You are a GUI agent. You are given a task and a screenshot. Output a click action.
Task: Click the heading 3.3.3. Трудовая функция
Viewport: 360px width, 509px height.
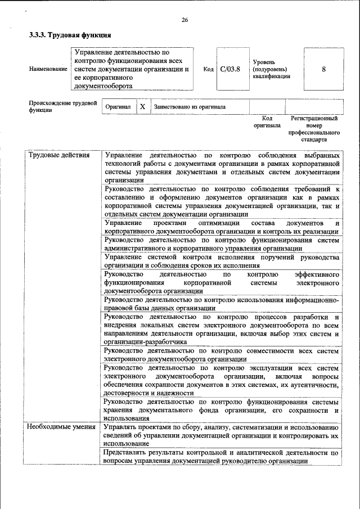66,35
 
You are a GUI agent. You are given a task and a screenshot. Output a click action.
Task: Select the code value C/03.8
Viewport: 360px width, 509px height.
230,69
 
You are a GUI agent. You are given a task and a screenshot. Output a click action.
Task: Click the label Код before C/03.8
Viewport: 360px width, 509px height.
208,69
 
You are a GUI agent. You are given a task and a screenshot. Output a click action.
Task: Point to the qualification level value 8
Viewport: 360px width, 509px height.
323,69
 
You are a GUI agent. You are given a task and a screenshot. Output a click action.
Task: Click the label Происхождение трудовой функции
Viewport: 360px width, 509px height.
62,106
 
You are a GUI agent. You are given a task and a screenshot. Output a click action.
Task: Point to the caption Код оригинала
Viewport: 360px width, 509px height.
267,122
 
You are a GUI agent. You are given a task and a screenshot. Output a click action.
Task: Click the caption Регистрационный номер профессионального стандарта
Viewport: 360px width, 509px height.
314,129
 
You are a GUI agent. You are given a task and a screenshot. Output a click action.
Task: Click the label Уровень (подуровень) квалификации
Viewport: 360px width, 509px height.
272,69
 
